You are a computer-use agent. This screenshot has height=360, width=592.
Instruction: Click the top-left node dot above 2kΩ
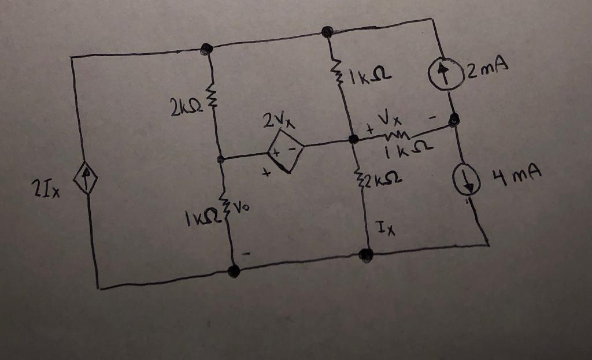[x=205, y=50]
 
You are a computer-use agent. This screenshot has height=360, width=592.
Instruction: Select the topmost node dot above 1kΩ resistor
[x=327, y=32]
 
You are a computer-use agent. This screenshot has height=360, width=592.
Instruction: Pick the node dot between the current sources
[x=454, y=120]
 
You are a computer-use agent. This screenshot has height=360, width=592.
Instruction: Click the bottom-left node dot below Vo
[x=234, y=270]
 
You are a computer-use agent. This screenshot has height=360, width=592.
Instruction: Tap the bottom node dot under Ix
[x=365, y=254]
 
